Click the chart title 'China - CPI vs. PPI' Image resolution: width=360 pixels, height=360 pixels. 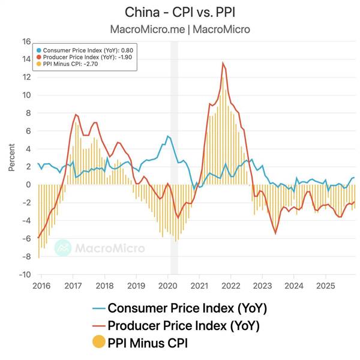click(180, 12)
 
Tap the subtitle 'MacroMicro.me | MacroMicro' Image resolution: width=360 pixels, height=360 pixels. click(180, 28)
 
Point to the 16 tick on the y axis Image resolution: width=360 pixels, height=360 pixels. click(26, 41)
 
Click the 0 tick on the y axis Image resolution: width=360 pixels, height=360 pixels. click(28, 185)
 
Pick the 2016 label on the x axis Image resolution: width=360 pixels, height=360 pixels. click(42, 285)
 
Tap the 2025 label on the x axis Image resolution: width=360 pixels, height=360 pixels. click(325, 285)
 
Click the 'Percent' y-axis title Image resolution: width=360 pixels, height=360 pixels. click(11, 157)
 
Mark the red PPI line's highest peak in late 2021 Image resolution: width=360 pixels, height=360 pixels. click(223, 62)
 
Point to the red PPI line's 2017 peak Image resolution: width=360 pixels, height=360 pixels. click(76, 114)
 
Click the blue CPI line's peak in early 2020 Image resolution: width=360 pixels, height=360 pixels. click(167, 136)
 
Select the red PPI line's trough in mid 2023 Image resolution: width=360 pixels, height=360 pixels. click(275, 233)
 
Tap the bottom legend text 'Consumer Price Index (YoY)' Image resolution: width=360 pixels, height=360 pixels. click(187, 309)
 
